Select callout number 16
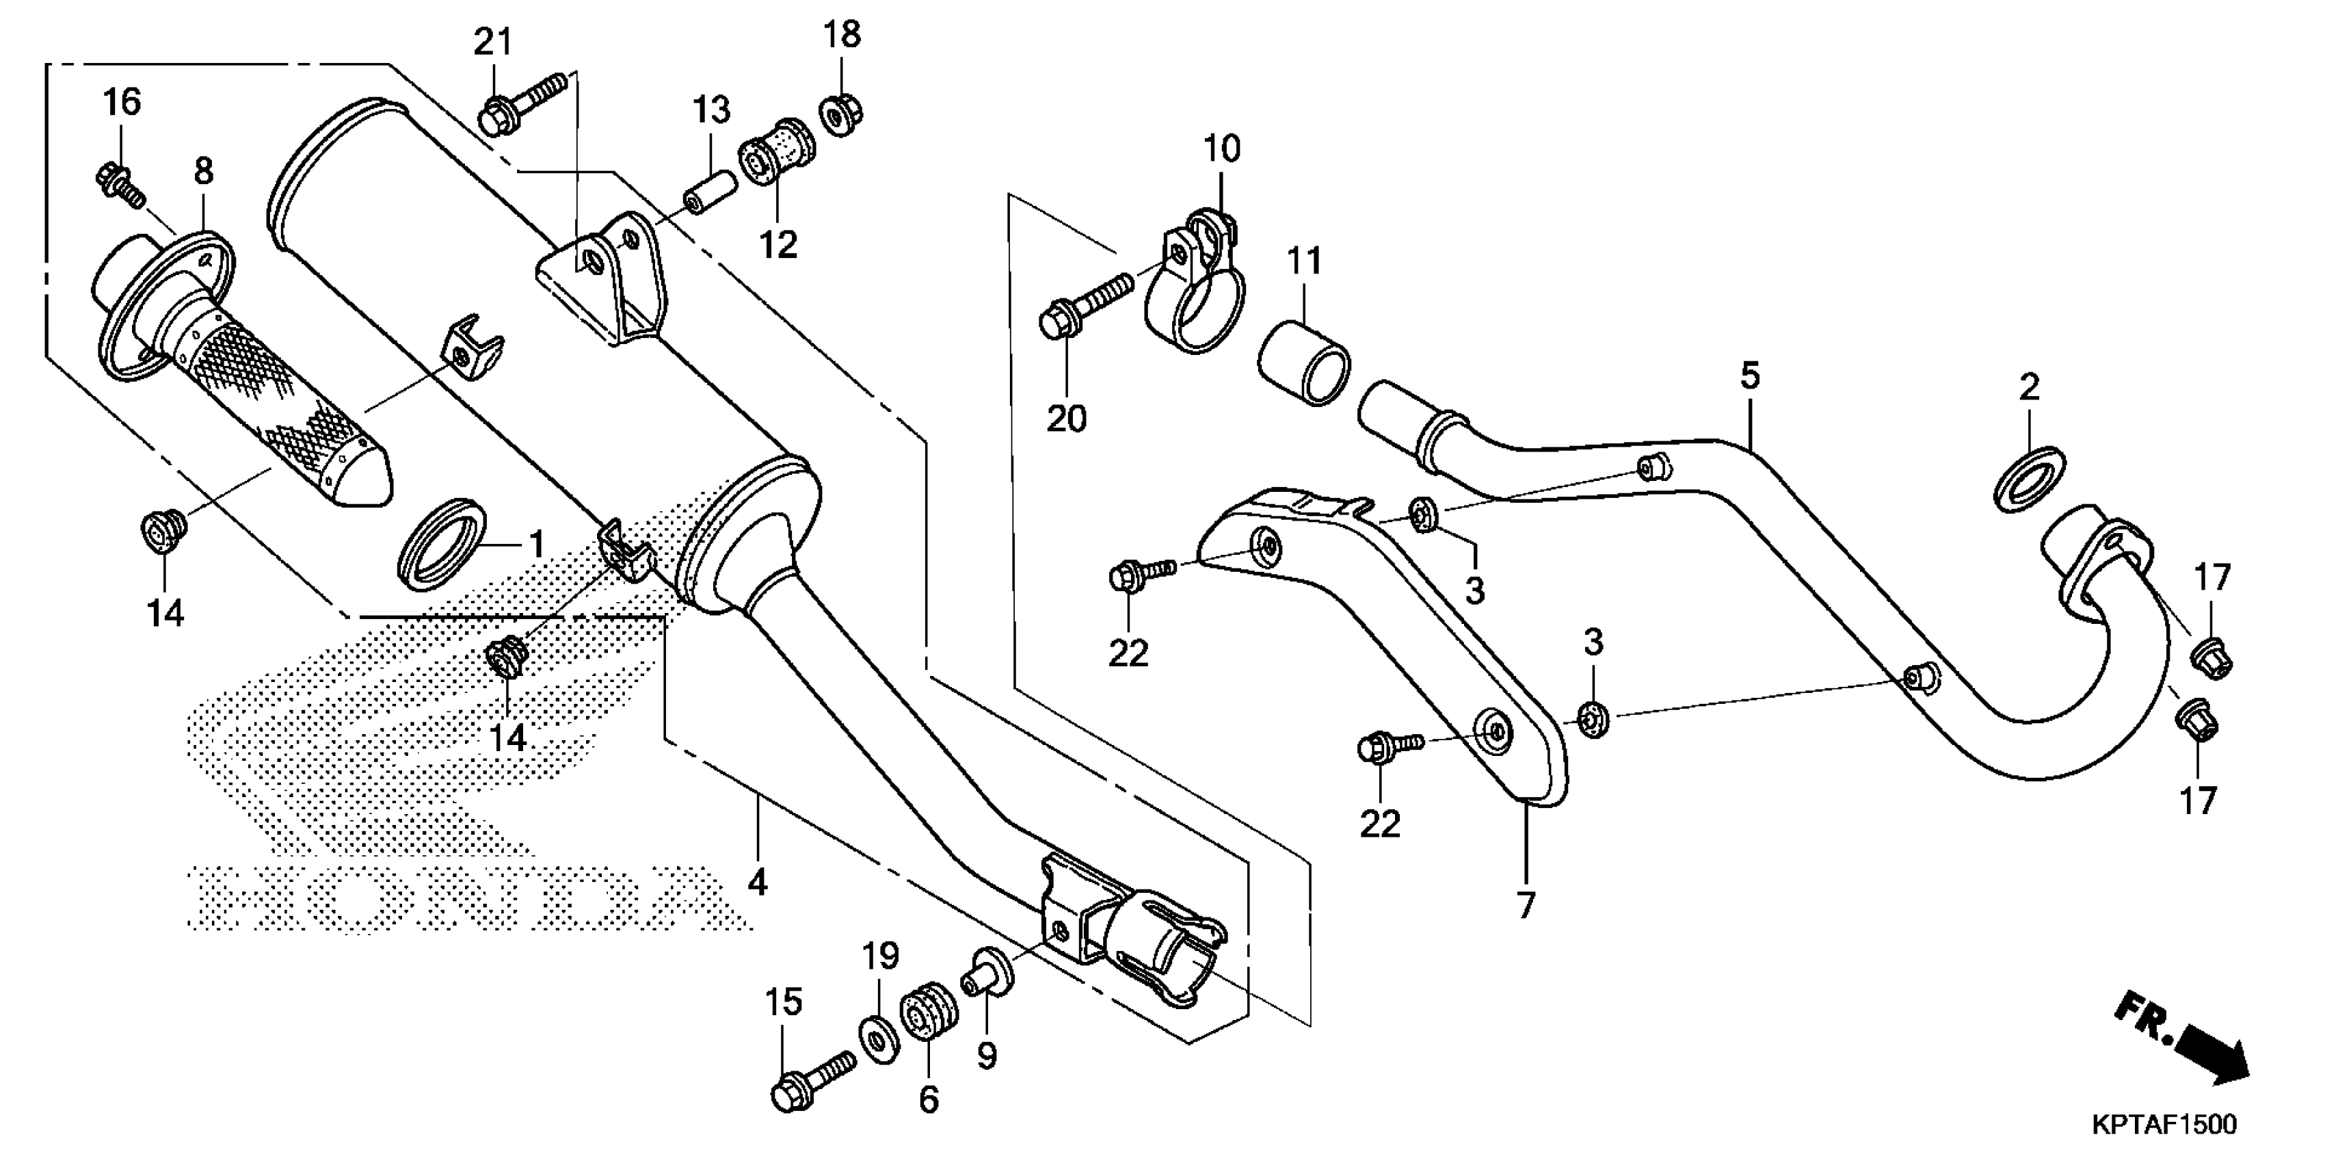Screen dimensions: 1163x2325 (x=122, y=102)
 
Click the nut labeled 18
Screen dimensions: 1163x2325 (x=842, y=114)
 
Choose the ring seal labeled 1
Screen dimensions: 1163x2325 (x=444, y=545)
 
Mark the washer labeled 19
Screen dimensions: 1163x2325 (x=878, y=1038)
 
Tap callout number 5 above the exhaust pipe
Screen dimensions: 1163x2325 (x=1750, y=375)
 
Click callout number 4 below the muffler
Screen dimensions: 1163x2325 (x=757, y=880)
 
